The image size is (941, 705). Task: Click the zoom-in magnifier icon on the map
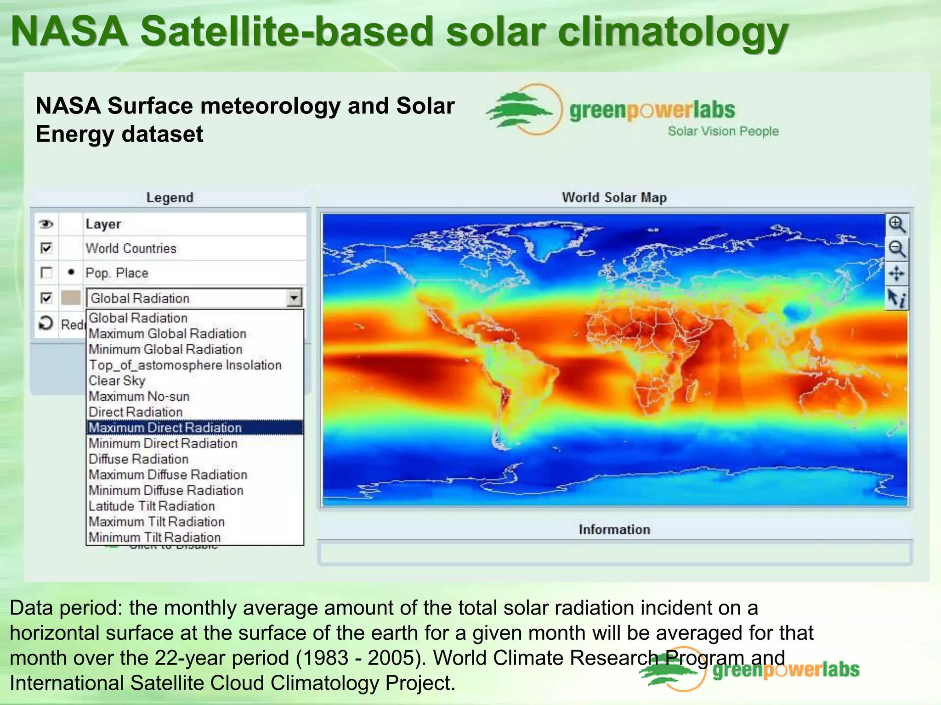coord(896,224)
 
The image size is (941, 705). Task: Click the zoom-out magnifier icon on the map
coord(896,249)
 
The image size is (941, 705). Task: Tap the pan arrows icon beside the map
coord(896,274)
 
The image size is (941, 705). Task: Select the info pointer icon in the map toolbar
coord(896,298)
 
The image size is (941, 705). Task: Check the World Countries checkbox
coord(46,248)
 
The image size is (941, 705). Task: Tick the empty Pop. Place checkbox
coord(46,273)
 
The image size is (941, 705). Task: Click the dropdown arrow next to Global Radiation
coord(294,298)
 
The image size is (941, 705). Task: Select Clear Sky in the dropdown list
coord(117,380)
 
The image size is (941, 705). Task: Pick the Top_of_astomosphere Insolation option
coord(185,365)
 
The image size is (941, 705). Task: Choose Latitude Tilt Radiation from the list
coord(152,506)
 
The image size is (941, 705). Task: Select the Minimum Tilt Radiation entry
coord(154,537)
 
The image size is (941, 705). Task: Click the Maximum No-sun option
coord(139,396)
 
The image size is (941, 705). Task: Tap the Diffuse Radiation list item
coord(138,459)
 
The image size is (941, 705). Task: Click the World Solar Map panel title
coord(614,197)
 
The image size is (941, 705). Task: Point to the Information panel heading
coord(614,529)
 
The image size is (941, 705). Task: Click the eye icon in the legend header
coord(46,224)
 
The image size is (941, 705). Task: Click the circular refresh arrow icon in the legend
coord(46,324)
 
